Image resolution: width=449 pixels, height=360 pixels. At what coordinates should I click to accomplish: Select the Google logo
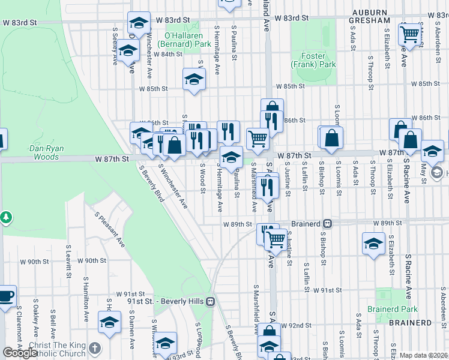[20, 353]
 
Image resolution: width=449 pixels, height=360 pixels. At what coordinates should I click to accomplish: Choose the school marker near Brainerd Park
[373, 244]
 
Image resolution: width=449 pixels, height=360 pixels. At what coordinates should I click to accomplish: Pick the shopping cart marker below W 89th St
[276, 240]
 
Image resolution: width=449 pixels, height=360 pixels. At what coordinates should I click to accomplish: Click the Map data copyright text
[423, 355]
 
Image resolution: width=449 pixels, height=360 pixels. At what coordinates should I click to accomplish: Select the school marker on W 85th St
[194, 79]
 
